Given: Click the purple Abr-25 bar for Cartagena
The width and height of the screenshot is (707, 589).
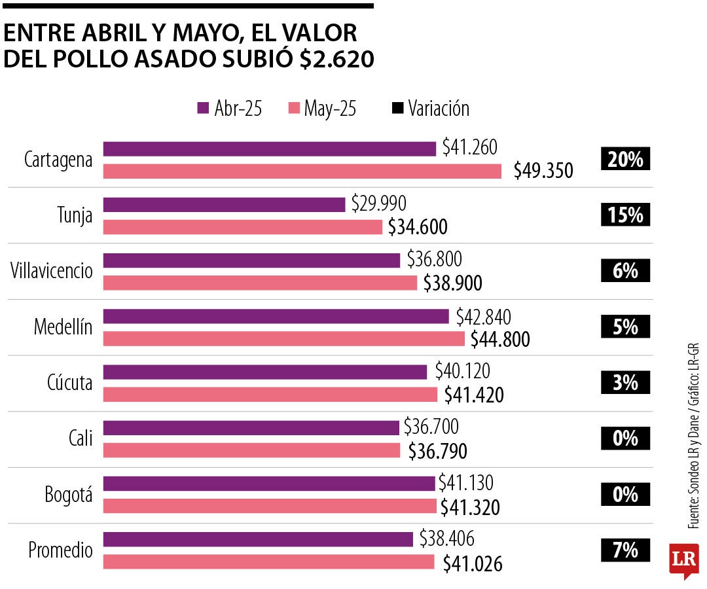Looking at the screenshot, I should click(x=269, y=149).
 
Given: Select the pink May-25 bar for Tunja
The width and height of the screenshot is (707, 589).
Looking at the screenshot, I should click(x=243, y=227).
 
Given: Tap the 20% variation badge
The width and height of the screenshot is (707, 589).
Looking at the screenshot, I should click(x=625, y=159).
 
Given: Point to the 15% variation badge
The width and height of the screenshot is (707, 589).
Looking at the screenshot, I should click(x=625, y=215).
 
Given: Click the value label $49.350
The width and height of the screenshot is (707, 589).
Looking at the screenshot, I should click(x=543, y=171).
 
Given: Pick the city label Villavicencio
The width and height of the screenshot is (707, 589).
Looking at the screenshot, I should click(x=52, y=271).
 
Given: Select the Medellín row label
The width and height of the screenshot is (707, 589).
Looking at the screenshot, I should click(x=63, y=327).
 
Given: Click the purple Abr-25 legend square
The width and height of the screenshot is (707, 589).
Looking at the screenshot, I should click(x=202, y=108).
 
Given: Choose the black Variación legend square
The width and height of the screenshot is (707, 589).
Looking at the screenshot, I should click(x=397, y=108).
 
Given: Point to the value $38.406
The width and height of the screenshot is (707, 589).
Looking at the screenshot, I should click(x=446, y=539).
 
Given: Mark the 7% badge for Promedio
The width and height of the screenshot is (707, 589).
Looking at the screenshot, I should click(x=625, y=550).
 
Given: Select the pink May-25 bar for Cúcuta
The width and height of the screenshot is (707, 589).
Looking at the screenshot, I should click(x=270, y=395).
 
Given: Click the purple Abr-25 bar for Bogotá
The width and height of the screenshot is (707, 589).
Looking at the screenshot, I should click(x=268, y=484).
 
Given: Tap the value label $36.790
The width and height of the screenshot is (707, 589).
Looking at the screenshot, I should click(x=437, y=451).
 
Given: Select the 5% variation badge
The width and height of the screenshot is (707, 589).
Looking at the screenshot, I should click(x=625, y=327).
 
